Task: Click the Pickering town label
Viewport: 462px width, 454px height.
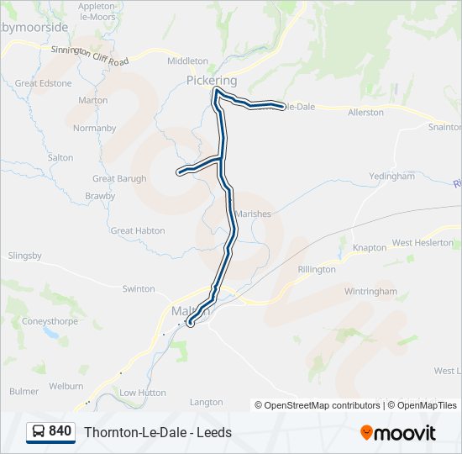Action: (x=212, y=81)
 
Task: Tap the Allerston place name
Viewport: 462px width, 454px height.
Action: (x=365, y=112)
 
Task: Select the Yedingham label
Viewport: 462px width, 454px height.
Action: (x=392, y=177)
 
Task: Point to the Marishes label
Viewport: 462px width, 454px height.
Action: (x=253, y=214)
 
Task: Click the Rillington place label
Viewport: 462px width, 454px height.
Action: (x=316, y=269)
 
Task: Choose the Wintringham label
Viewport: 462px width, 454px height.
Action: (x=370, y=291)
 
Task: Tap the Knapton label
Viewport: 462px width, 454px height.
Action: (x=370, y=248)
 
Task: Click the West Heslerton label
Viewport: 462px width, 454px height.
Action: (x=423, y=243)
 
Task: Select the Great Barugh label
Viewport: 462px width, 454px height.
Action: (x=119, y=178)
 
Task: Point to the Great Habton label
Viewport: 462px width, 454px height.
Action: (x=138, y=230)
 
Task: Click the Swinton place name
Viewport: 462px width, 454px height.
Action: (x=139, y=288)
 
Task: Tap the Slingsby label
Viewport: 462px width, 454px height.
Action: (x=24, y=256)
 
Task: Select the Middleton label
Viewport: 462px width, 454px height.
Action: (x=187, y=61)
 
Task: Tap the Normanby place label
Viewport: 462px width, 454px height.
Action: (x=94, y=129)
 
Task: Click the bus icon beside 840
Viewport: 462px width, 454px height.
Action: (x=38, y=431)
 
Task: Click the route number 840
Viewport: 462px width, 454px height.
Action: (x=60, y=431)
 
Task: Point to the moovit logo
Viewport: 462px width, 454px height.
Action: (x=398, y=433)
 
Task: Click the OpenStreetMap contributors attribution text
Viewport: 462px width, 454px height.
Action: (x=318, y=405)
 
